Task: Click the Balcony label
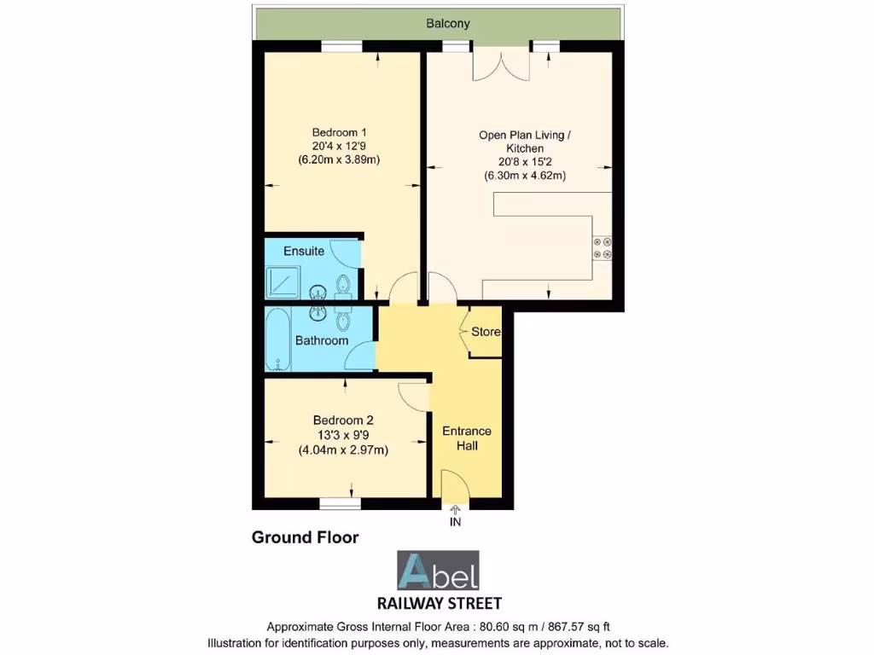[x=448, y=24]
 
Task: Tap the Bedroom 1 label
[x=339, y=132]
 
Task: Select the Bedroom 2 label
[x=343, y=420]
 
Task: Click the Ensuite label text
[x=304, y=252]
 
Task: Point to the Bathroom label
[x=322, y=340]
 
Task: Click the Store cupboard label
[x=486, y=331]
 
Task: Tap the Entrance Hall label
[x=467, y=438]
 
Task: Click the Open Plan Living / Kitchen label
[x=524, y=142]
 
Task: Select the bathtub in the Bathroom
[x=278, y=339]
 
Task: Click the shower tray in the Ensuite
[x=283, y=280]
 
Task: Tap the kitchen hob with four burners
[x=603, y=248]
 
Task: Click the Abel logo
[x=439, y=571]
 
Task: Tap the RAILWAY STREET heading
[x=439, y=603]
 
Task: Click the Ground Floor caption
[x=305, y=538]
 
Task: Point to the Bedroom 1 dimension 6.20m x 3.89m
[x=339, y=159]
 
